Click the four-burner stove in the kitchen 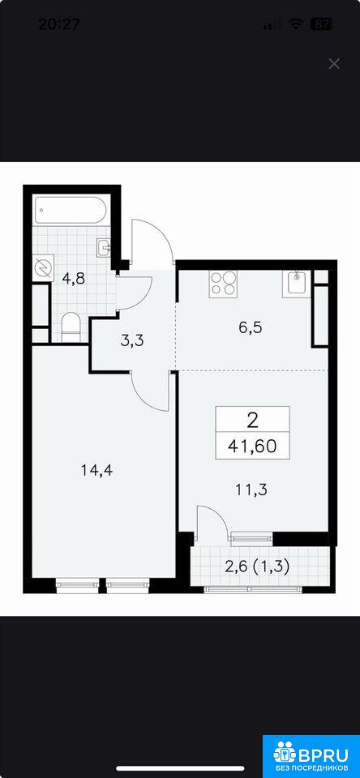coord(223,284)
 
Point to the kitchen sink coord(296,284)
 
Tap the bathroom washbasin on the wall coord(105,247)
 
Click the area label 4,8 coord(73,278)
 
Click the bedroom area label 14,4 coord(97,469)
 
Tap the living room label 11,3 coord(251,489)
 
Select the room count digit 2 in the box coord(252,421)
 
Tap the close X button coord(334,63)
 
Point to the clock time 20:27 coord(58,24)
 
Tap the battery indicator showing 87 coord(321,24)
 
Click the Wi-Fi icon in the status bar coord(296,24)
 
